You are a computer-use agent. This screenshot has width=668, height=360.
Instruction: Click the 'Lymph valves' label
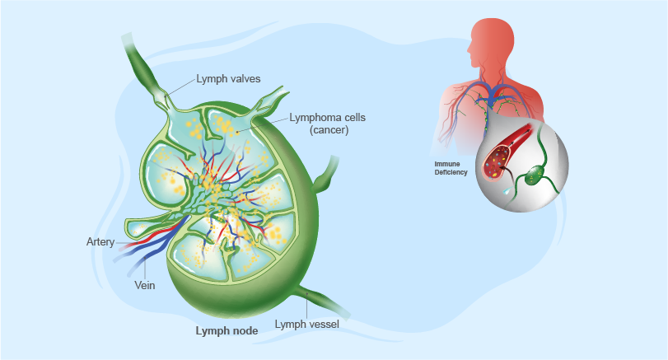tap(228, 80)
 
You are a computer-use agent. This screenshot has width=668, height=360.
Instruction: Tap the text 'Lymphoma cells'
tap(327, 118)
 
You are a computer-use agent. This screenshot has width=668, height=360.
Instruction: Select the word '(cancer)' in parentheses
tap(327, 130)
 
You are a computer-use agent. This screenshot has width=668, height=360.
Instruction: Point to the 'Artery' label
tap(100, 242)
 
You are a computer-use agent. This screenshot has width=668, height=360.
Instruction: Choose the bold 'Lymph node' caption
tap(227, 331)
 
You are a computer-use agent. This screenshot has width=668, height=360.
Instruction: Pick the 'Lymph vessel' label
tap(306, 324)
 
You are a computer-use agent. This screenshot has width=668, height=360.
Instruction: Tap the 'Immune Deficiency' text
tap(451, 168)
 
